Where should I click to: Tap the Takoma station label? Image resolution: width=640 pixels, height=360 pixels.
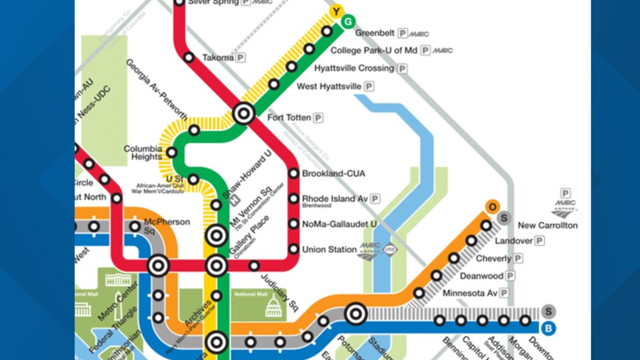point(218,57)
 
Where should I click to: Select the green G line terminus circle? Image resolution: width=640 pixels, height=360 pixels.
point(349,21)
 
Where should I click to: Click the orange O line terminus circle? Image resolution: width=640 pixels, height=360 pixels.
point(492,207)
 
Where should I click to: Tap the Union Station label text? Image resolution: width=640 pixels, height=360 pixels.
point(329,249)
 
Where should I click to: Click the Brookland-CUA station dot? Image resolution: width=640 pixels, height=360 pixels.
point(294,174)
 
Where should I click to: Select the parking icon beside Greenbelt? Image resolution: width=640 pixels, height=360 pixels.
point(403,33)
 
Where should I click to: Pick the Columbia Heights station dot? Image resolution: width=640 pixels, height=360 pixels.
point(172,152)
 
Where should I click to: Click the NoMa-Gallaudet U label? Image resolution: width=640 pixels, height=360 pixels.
point(339,224)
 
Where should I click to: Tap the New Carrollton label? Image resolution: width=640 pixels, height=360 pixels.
point(547,225)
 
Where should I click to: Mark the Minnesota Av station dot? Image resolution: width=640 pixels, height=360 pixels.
point(419,293)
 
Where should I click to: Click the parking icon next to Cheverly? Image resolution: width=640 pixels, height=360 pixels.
point(518,258)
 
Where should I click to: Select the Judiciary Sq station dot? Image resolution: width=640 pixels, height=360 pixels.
point(254,266)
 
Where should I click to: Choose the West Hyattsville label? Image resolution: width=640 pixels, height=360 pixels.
point(328,86)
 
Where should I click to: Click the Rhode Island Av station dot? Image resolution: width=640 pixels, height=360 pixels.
point(294,198)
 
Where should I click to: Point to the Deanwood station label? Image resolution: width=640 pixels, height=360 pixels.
point(481,276)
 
